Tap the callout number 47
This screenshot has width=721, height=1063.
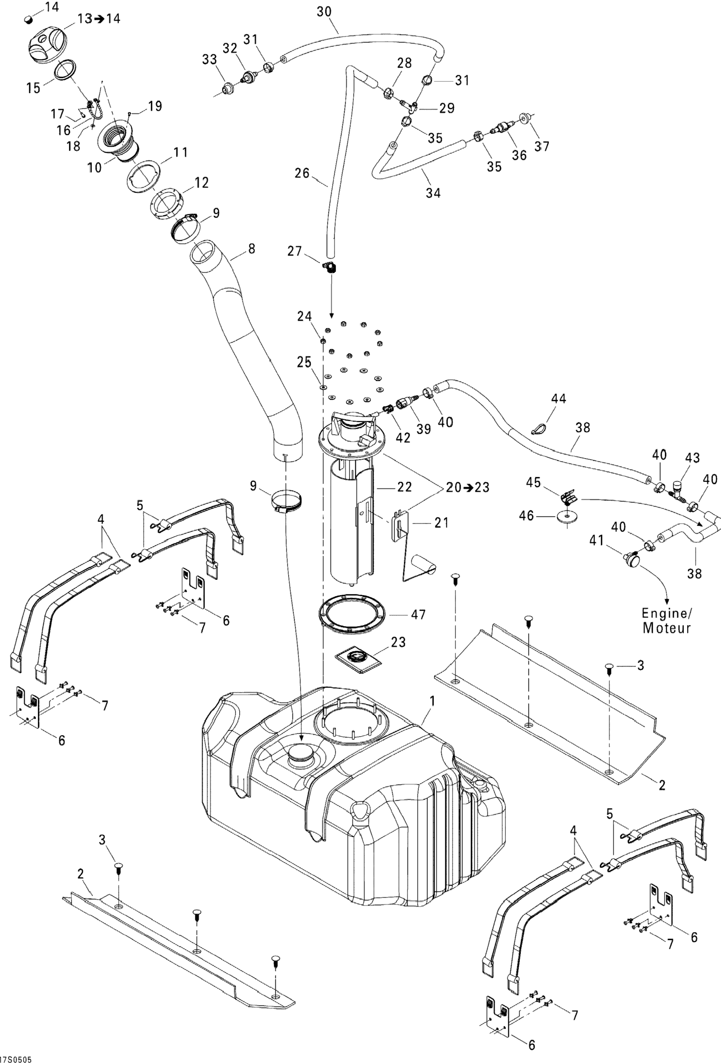[419, 614]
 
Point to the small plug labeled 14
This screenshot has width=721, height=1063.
[29, 19]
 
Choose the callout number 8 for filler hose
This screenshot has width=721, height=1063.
[251, 249]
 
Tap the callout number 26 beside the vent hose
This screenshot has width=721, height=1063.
[302, 173]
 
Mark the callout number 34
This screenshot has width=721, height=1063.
[433, 193]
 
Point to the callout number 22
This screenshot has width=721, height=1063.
[405, 487]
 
